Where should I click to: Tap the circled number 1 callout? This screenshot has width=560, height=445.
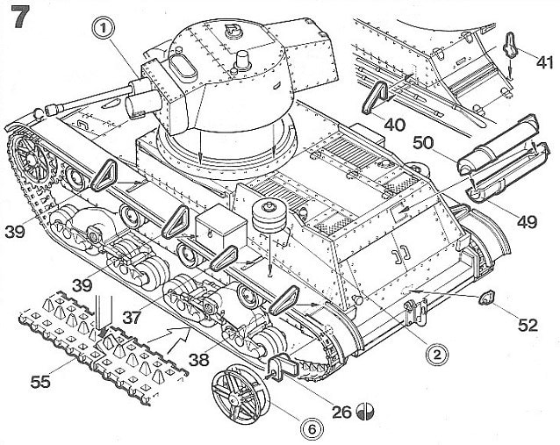104,29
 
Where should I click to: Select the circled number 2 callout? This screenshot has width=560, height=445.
437,355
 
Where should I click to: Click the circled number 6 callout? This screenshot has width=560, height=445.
312,429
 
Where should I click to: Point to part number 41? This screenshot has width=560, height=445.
544,62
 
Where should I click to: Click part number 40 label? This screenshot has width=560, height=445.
395,125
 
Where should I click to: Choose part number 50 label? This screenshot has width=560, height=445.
424,143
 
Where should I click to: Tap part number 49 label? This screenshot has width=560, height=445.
527,222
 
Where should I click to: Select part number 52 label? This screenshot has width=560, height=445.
528,325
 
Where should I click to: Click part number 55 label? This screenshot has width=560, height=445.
40,382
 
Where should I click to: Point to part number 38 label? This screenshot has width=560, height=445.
199,360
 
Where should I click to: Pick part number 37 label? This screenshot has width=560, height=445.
133,318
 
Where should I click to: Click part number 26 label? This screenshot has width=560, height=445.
341,413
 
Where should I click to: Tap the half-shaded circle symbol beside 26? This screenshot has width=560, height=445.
366,411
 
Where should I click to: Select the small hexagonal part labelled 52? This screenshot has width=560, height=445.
485,298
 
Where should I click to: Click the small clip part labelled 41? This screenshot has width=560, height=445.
511,44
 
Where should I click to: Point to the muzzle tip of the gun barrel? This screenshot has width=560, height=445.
50,110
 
